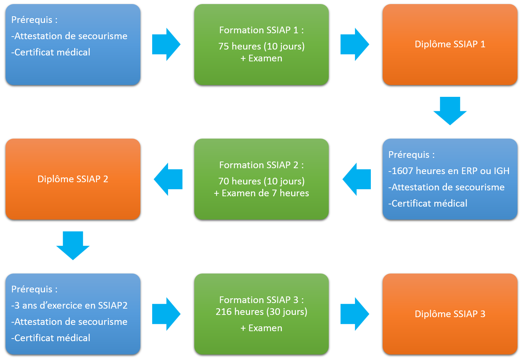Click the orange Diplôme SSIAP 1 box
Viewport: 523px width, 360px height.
coord(449,44)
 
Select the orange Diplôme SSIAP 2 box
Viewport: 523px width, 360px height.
coord(73,179)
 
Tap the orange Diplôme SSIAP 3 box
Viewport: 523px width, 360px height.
coord(449,314)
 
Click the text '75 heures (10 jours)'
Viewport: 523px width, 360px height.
coord(261,47)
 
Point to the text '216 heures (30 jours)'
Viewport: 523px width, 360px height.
coord(261,312)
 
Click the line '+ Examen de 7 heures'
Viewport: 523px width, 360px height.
coord(261,193)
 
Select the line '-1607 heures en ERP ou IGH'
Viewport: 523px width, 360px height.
coord(449,171)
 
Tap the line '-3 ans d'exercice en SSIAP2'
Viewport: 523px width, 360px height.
coord(69,306)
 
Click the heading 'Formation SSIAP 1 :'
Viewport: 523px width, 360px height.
coord(261,30)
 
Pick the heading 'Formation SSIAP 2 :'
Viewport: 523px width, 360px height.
coord(261,165)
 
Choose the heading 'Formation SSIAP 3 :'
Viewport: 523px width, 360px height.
coord(261,300)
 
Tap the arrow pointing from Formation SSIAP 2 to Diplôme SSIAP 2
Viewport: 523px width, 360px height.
coord(168,179)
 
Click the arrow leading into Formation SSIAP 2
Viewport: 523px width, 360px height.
coord(357,179)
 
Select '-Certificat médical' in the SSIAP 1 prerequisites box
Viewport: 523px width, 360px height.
coord(51,52)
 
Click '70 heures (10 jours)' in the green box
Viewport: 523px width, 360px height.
coord(261,181)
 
